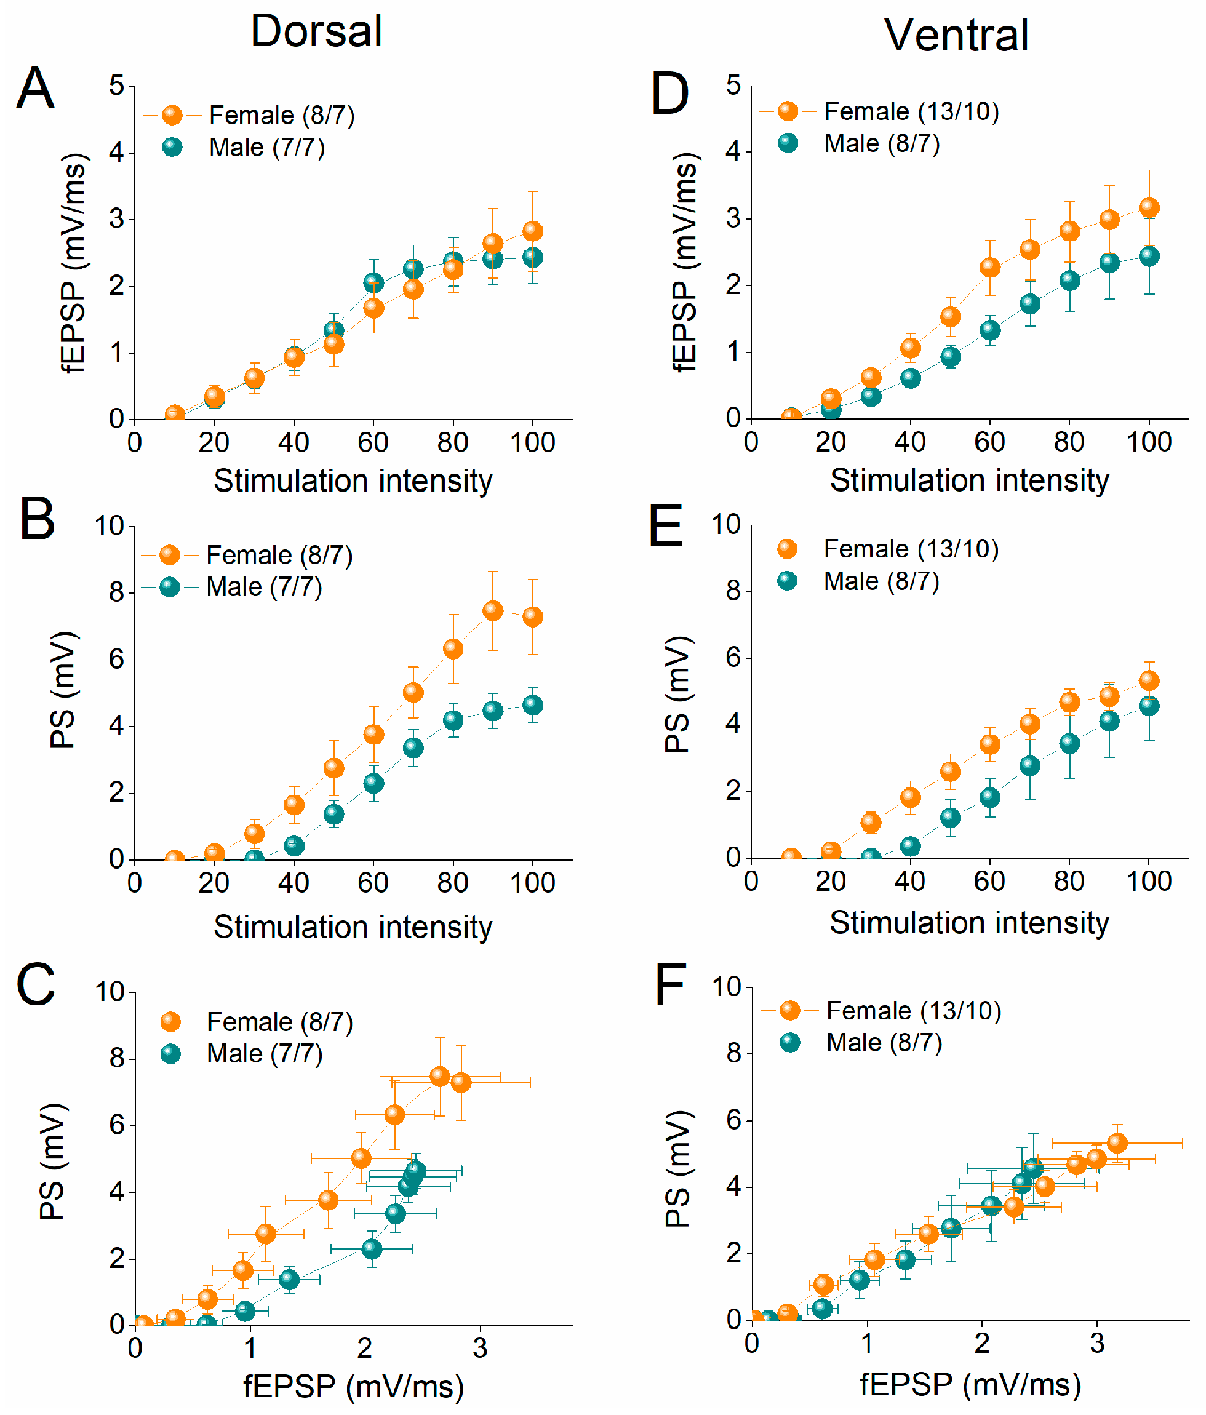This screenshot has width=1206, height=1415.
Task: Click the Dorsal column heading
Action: (316, 31)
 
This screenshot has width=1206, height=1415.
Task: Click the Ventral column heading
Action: (956, 36)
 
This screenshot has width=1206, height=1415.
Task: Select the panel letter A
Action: (35, 88)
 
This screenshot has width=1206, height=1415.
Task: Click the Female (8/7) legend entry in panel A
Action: (281, 116)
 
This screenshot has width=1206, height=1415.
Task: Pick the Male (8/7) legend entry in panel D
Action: (881, 143)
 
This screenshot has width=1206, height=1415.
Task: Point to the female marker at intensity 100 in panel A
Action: (533, 231)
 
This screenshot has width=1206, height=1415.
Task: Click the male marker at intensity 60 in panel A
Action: (373, 282)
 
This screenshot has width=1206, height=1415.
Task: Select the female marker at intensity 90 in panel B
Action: (493, 610)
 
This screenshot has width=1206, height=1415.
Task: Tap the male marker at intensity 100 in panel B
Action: (533, 705)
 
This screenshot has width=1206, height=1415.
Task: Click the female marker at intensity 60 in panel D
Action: (990, 268)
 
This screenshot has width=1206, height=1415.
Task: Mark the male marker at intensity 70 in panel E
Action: (1030, 765)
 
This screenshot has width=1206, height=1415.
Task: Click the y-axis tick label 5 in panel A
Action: (117, 86)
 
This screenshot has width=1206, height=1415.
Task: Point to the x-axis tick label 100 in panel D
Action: (1149, 442)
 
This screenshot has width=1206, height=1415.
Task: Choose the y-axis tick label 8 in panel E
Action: (733, 591)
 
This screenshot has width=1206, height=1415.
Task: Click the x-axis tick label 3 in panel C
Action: (480, 1348)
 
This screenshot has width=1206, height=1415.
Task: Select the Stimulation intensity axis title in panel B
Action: (353, 927)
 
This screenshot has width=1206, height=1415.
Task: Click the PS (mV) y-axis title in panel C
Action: (52, 1161)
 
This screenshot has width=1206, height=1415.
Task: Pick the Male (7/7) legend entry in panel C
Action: (265, 1054)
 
